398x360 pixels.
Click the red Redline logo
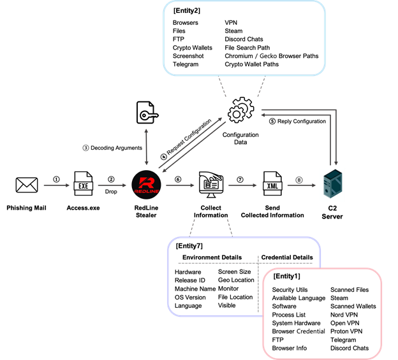click(x=146, y=185)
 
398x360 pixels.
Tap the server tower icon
click(x=332, y=185)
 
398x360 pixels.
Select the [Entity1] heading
click(x=286, y=277)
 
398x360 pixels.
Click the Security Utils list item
click(x=290, y=290)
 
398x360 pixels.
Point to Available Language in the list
click(x=298, y=298)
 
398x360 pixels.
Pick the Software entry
click(x=284, y=306)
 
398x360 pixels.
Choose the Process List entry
click(x=288, y=315)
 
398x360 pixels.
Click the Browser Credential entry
click(x=298, y=331)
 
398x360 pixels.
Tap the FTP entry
click(x=277, y=340)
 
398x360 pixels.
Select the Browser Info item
click(x=289, y=349)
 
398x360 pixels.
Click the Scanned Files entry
click(x=350, y=290)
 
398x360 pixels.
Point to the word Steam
click(x=339, y=298)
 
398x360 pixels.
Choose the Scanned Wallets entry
click(x=353, y=306)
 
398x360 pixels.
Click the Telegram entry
click(x=343, y=340)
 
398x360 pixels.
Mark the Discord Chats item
click(x=350, y=349)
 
